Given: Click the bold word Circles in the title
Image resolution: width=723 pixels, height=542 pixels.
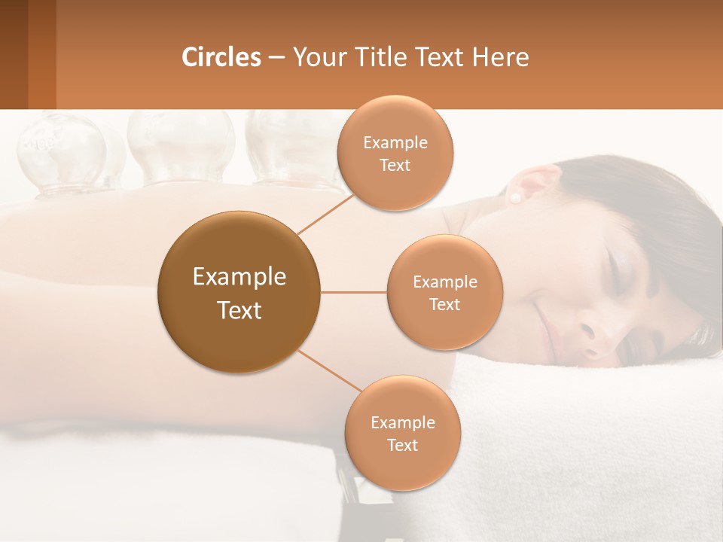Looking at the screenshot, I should tap(221, 57).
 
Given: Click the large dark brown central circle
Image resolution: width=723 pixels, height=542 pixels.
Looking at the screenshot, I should tap(239, 292).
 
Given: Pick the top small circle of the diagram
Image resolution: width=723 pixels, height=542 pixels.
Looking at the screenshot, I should tap(395, 153).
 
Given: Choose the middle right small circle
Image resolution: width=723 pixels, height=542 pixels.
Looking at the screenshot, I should tap(444, 292).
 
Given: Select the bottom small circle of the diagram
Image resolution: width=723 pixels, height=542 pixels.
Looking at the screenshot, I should tap(402, 433).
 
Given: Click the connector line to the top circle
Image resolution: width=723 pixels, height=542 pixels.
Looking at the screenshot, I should tap(325, 213).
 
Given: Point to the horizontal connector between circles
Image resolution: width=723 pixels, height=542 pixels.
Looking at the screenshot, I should tap(353, 292).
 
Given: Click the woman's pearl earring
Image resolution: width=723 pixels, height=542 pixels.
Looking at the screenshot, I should tap(517, 198).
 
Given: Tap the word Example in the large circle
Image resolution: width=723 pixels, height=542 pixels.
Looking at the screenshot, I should tap(239, 277).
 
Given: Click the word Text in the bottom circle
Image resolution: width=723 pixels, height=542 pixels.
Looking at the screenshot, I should tap(402, 445).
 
